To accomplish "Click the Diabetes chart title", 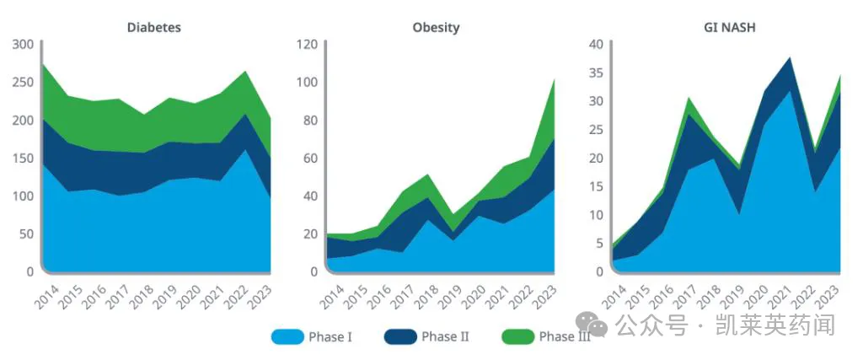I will (153, 28).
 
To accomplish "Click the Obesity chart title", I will (436, 28).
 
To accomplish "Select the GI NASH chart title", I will (729, 28).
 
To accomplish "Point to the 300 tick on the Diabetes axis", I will (23, 45).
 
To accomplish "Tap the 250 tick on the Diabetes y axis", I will (23, 83).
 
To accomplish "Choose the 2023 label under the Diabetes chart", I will (264, 295).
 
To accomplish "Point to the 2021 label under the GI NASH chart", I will (784, 295).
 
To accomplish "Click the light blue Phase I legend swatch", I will (287, 337).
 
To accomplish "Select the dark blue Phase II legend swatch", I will (400, 337).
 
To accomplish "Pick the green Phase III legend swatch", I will (517, 337).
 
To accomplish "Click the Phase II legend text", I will (445, 337).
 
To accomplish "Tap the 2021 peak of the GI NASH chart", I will (790, 58).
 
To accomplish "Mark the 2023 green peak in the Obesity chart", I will (553, 80).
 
